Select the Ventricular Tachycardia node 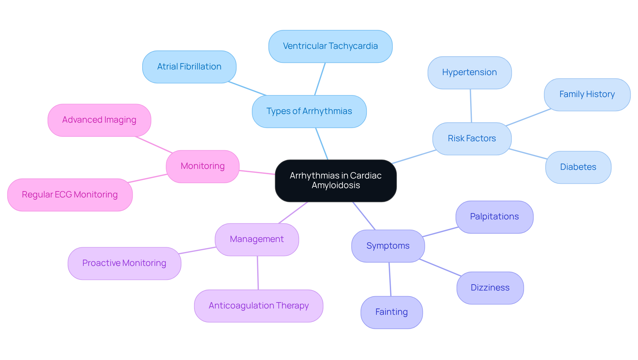[x=330, y=46]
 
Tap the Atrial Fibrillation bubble [x=189, y=67]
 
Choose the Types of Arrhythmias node [x=309, y=111]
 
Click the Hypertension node [x=469, y=72]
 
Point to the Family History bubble [x=587, y=94]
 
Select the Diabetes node [x=578, y=167]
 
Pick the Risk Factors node [x=472, y=139]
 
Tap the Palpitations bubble [x=494, y=217]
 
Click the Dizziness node [x=490, y=288]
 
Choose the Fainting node [x=391, y=312]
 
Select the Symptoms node [x=388, y=246]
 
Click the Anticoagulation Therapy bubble [x=259, y=306]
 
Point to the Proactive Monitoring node [x=124, y=263]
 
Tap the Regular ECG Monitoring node [x=70, y=195]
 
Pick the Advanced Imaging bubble [x=99, y=120]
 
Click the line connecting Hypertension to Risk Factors [x=471, y=106]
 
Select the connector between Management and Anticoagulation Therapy [x=258, y=273]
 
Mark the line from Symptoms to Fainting [x=390, y=279]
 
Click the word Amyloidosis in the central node [x=336, y=185]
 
